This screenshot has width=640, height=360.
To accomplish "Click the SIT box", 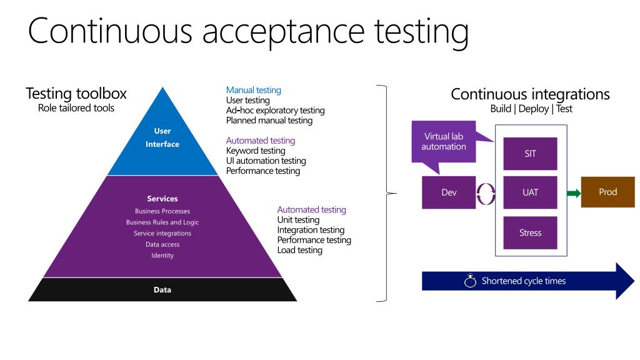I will pos(530,154).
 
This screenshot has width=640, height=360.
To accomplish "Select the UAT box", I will pos(530,193).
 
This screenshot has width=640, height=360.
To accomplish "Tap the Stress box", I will pos(530,232).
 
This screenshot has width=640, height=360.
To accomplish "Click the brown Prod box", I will pos(607,192).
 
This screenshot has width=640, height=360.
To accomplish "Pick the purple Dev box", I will pos(449,192).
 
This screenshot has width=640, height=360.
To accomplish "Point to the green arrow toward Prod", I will pos(572,193).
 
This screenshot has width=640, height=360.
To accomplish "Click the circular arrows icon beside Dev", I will pos(486,193).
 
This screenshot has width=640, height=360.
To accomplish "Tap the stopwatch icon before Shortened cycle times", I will pos(470,281).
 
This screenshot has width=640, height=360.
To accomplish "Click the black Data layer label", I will pos(162,289).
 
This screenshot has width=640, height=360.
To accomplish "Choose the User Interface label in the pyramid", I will pos(162,137).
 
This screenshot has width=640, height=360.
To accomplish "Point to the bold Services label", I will pos(162,199).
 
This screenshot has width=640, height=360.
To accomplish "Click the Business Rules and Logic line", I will pos(162,222).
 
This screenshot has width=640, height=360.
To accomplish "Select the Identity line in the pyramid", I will pos(162,255).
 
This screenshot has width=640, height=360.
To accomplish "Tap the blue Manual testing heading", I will pos(254,90).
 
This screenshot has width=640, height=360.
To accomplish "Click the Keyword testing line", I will pos(256,151).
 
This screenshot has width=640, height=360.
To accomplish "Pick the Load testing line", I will pos(300,250).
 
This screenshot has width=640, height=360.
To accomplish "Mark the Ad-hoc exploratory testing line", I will pos(275,110).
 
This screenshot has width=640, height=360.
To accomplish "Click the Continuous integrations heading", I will pos(530,94).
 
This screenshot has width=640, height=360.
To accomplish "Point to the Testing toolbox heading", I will pos(76,94).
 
